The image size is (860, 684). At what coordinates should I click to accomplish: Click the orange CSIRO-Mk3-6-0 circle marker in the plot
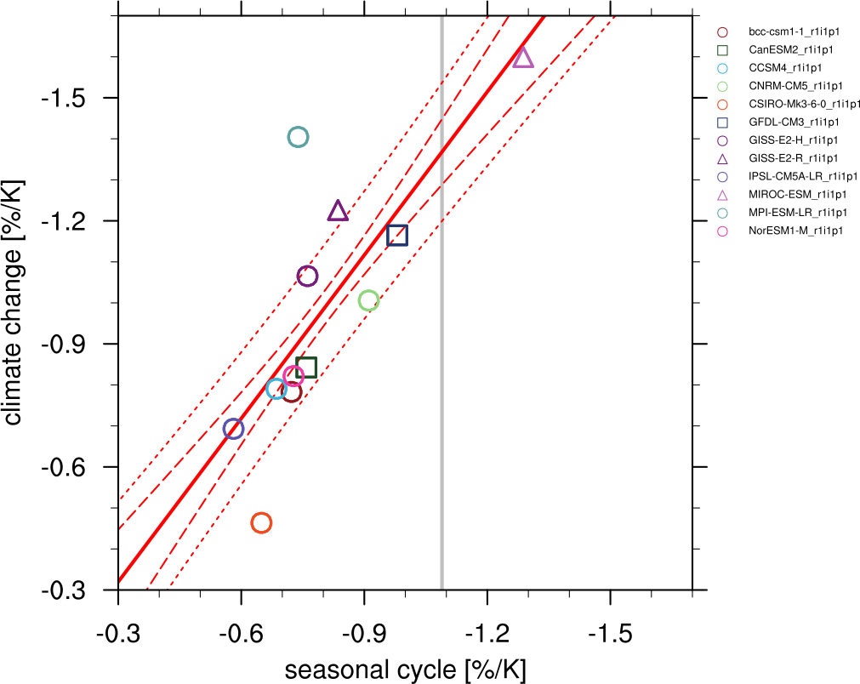click(261, 522)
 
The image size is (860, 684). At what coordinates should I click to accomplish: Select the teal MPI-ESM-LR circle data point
click(298, 137)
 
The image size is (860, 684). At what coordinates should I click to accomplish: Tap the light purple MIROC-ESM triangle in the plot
click(523, 58)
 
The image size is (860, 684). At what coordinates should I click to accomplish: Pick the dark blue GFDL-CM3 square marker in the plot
click(397, 236)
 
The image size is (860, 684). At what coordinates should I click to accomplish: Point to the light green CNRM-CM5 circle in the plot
click(368, 300)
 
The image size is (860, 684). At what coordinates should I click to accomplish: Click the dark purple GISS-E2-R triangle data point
click(338, 211)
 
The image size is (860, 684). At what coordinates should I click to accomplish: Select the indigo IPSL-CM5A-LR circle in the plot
click(233, 429)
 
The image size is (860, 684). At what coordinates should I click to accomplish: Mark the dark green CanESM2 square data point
click(307, 368)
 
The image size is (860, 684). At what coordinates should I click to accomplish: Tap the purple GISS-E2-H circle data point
click(307, 276)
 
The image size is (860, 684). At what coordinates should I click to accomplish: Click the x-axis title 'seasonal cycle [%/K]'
click(405, 670)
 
